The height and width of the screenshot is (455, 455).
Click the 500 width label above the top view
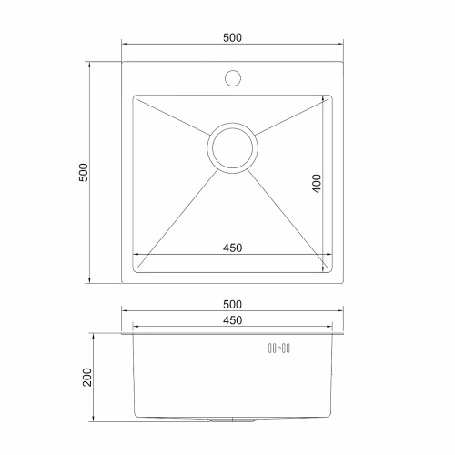[x=231, y=37]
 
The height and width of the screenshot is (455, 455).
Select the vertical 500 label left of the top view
[x=83, y=173]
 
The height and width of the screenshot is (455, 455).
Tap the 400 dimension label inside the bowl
[x=316, y=183]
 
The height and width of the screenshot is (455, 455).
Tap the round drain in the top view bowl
[x=231, y=148]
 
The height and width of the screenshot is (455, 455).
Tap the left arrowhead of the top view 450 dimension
[x=136, y=255]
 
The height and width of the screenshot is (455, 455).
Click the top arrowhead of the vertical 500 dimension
[x=91, y=65]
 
